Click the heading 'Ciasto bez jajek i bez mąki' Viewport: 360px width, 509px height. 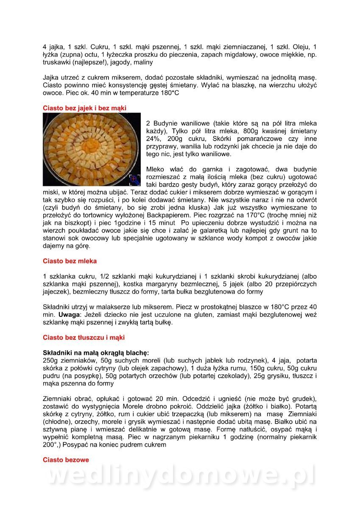84,108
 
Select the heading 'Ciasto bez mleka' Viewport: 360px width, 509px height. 70,261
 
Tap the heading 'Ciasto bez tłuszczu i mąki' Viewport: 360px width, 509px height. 84,338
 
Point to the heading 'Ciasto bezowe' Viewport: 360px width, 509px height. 66,460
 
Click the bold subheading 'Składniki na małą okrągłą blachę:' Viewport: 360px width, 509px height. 96,353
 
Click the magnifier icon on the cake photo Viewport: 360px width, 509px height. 135,180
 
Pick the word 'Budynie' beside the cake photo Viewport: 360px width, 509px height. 166,123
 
